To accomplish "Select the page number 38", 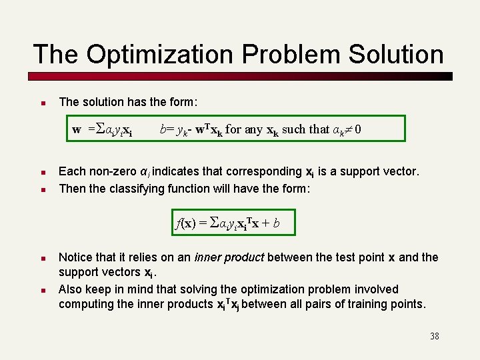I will [x=434, y=336].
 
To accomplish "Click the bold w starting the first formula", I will [x=77, y=129].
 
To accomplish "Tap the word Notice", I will [x=76, y=257].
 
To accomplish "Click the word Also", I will [x=71, y=289].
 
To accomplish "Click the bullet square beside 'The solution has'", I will [x=41, y=103].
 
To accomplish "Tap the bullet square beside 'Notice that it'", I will [x=41, y=258].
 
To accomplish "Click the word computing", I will [x=83, y=304].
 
